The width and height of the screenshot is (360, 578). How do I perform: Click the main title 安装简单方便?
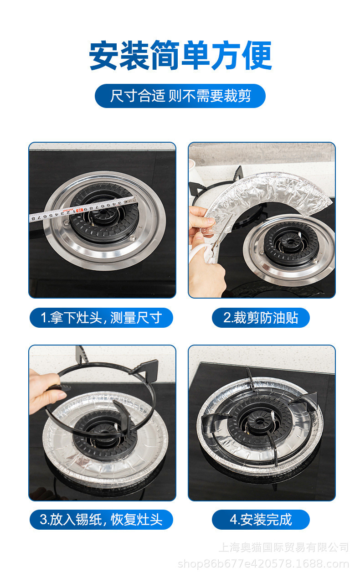[x=180, y=56]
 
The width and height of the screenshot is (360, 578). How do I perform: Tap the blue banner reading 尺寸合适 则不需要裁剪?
[x=180, y=96]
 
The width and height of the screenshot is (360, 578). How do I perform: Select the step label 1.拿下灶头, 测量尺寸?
[x=101, y=318]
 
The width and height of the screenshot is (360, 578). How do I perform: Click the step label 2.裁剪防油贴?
[x=261, y=318]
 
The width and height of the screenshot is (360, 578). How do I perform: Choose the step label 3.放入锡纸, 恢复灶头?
[x=101, y=520]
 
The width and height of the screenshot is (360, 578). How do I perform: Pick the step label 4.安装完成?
[x=261, y=520]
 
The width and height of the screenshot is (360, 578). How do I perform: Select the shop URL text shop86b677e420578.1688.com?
[x=263, y=564]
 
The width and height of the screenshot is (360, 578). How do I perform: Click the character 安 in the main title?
[x=104, y=56]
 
